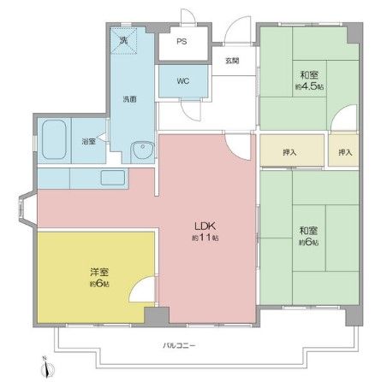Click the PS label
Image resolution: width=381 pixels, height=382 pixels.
click(182, 41)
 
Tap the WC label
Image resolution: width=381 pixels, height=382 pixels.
click(182, 82)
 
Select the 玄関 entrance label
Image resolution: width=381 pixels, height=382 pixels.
click(231, 60)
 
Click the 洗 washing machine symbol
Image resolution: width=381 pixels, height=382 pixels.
click(123, 40)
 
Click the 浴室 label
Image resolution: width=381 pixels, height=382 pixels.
click(87, 141)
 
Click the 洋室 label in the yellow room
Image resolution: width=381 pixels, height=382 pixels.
click(98, 271)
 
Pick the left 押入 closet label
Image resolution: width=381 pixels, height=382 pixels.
click(290, 152)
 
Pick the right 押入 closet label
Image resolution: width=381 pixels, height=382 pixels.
click(345, 152)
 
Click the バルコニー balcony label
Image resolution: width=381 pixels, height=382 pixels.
click(179, 345)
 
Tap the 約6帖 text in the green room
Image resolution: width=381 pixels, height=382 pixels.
click(308, 242)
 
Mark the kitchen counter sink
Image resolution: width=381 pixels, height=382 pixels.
click(111, 178)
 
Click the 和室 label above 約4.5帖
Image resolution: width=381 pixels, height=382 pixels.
click(309, 73)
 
